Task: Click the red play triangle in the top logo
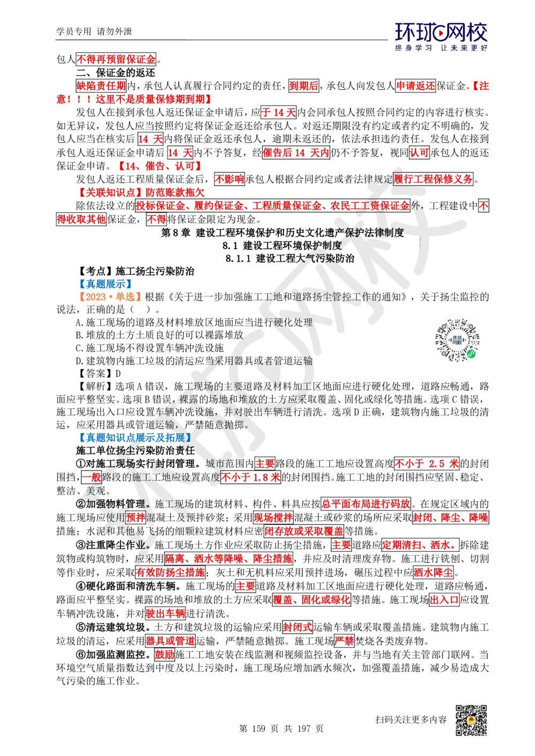441,34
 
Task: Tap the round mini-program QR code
458,340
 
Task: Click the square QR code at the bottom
470,720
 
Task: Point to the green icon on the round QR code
471,353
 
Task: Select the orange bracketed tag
109,297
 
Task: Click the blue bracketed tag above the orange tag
105,283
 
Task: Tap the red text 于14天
279,112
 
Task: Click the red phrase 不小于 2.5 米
426,464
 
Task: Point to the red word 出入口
444,599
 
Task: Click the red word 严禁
344,641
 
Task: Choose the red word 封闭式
297,627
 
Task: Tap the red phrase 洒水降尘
433,572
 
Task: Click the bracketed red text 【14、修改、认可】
160,166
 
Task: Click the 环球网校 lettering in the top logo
442,33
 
